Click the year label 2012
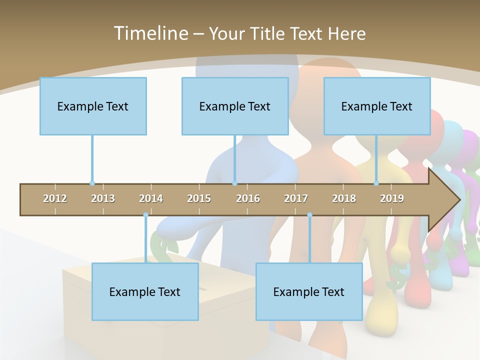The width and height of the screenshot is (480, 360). coord(55,198)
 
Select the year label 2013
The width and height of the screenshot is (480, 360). coord(103,198)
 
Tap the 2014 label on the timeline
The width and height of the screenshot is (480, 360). coord(151,198)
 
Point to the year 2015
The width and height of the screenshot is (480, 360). coord(199,198)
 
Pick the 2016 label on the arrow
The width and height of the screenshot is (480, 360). coord(248,198)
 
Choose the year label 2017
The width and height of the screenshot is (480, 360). coord(296,198)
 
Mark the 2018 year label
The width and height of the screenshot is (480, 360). coord(344,198)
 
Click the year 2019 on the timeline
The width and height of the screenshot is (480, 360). coord(392,198)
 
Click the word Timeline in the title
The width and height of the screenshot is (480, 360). coord(150,33)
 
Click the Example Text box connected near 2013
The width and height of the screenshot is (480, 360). coord(93,106)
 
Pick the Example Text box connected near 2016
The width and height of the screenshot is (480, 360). coord(235,106)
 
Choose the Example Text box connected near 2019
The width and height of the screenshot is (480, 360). coord(377,106)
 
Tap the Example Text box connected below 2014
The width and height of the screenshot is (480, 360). coord(145,291)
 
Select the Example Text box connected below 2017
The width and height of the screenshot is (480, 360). coord(309,291)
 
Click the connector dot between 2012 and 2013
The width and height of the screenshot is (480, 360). coord(92,183)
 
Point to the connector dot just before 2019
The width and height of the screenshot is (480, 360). coord(376,183)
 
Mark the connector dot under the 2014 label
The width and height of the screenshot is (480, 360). coord(145,215)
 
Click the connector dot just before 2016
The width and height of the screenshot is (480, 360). coord(235,183)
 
